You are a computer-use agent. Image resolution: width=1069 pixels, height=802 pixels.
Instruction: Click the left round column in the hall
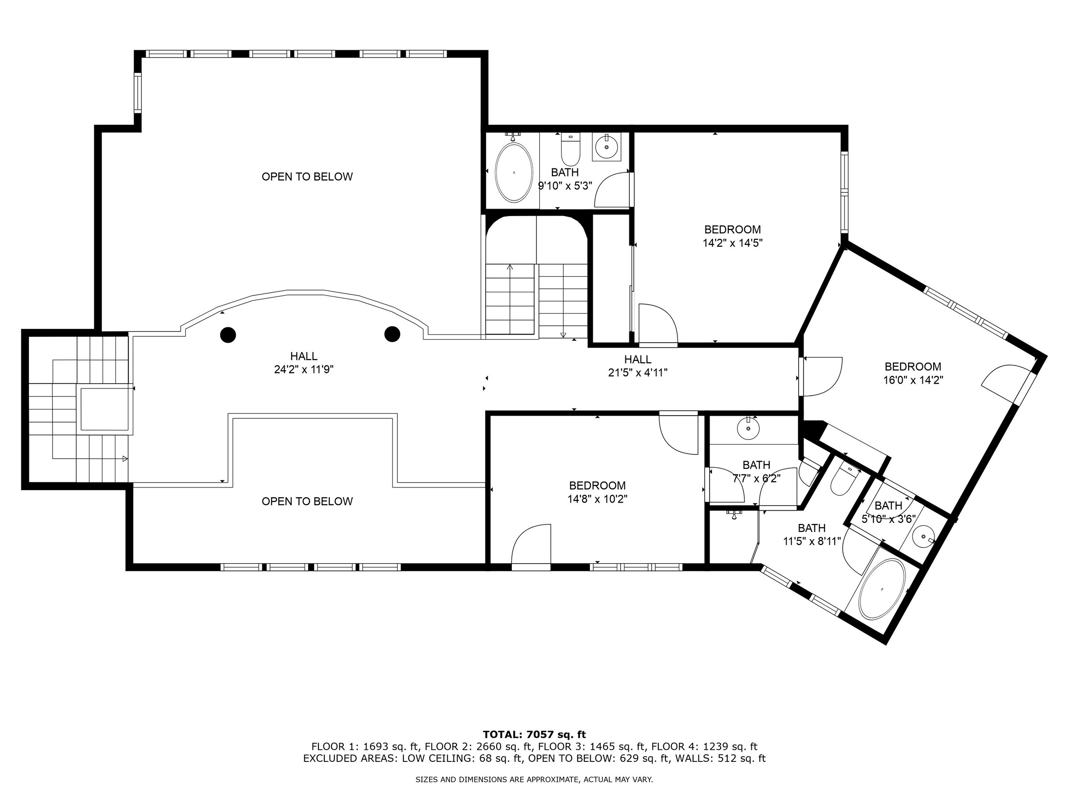point(228,335)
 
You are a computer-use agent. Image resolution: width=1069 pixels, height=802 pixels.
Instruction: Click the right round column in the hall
point(392,334)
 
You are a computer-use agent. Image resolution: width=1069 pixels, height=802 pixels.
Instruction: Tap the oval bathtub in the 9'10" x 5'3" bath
point(514,172)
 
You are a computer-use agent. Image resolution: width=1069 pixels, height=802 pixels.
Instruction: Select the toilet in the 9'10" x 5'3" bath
point(570,150)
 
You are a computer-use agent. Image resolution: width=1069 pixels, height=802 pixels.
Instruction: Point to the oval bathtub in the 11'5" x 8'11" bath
point(882,589)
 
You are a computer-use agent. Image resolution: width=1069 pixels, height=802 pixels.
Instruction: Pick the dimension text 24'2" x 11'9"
point(304,370)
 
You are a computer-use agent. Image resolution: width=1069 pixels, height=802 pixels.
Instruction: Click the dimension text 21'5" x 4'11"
point(638,373)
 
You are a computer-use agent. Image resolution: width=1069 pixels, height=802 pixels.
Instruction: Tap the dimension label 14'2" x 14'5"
point(733,243)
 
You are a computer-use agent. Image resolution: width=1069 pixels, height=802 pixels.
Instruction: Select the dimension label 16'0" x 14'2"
point(914,381)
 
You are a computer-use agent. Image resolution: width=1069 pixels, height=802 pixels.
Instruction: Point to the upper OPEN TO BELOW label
point(307,177)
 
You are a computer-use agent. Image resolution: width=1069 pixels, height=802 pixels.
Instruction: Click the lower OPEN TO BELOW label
point(307,502)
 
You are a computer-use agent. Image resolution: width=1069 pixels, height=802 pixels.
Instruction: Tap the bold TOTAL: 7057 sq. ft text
point(534,735)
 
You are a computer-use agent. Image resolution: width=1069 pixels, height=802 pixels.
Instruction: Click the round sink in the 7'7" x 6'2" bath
point(748,428)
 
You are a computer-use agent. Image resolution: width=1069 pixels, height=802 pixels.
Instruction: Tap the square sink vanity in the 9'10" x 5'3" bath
point(607,147)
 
